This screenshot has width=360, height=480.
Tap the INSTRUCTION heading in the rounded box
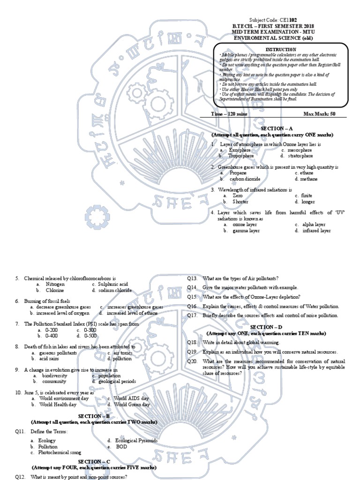click(x=281, y=49)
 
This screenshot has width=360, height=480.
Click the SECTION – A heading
click(x=279, y=128)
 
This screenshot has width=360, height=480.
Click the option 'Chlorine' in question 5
click(x=55, y=290)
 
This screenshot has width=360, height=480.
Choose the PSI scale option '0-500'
click(x=90, y=336)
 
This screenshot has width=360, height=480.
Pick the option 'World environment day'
click(x=64, y=398)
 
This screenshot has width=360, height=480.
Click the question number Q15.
click(x=192, y=297)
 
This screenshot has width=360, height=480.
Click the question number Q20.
click(x=192, y=361)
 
